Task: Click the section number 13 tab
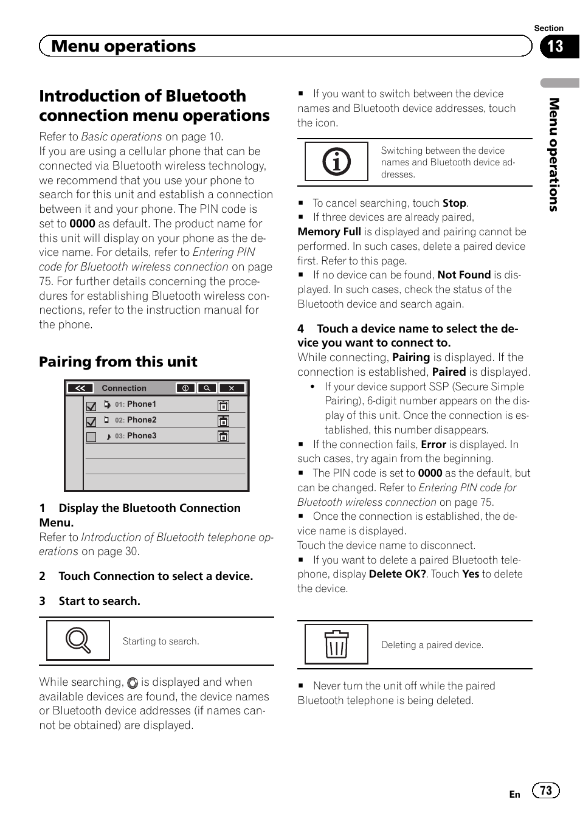pos(556,47)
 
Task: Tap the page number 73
pos(546,790)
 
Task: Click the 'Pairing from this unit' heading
pos(118,362)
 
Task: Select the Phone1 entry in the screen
pos(141,404)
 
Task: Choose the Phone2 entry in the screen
pos(141,420)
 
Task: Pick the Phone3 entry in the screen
pos(141,436)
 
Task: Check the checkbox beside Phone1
pos(91,406)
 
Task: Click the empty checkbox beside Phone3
pos(91,437)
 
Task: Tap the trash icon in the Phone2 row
pos(223,421)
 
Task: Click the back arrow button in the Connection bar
pos(80,388)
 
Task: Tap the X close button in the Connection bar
pos(232,388)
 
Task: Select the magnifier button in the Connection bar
pos(207,388)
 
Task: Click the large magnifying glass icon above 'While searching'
pos(78,640)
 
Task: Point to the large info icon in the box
pos(336,162)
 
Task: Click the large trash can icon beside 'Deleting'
pos(336,644)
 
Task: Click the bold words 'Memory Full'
pos(329,232)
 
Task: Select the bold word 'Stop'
pos(454,203)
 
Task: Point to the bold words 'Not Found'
pos(464,275)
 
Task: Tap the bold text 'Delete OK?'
pos(397,575)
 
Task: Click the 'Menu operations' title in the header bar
pos(123,47)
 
